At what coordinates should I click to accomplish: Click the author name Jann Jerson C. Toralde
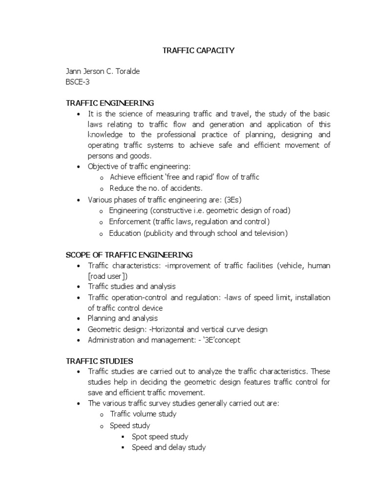tap(103, 71)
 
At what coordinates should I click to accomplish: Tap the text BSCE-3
tap(78, 82)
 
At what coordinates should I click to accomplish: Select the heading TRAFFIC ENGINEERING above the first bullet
tap(110, 103)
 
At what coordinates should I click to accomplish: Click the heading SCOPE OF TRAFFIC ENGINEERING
tap(129, 255)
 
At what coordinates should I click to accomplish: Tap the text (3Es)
tap(231, 200)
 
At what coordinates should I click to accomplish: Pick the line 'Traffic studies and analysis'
tap(131, 286)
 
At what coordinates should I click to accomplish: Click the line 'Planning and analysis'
tap(123, 319)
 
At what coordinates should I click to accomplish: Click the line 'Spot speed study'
tap(160, 436)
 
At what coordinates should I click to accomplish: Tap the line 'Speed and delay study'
tap(169, 447)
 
